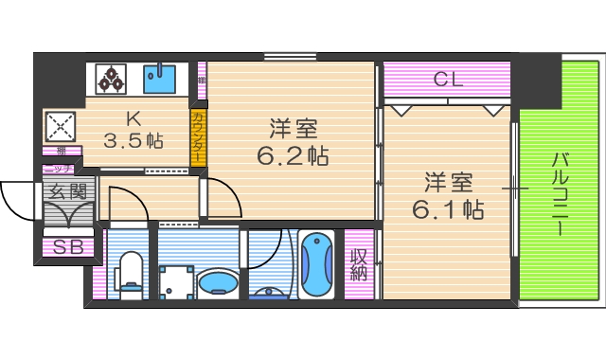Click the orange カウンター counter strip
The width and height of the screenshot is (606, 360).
(198, 138)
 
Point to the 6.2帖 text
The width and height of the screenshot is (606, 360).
(292, 155)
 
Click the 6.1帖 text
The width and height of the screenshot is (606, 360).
(448, 209)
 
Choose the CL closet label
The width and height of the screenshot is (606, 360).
(447, 80)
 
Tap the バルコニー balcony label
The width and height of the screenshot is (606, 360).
(561, 193)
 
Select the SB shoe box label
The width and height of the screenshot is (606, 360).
(67, 248)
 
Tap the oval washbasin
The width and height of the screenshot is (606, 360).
(220, 282)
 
